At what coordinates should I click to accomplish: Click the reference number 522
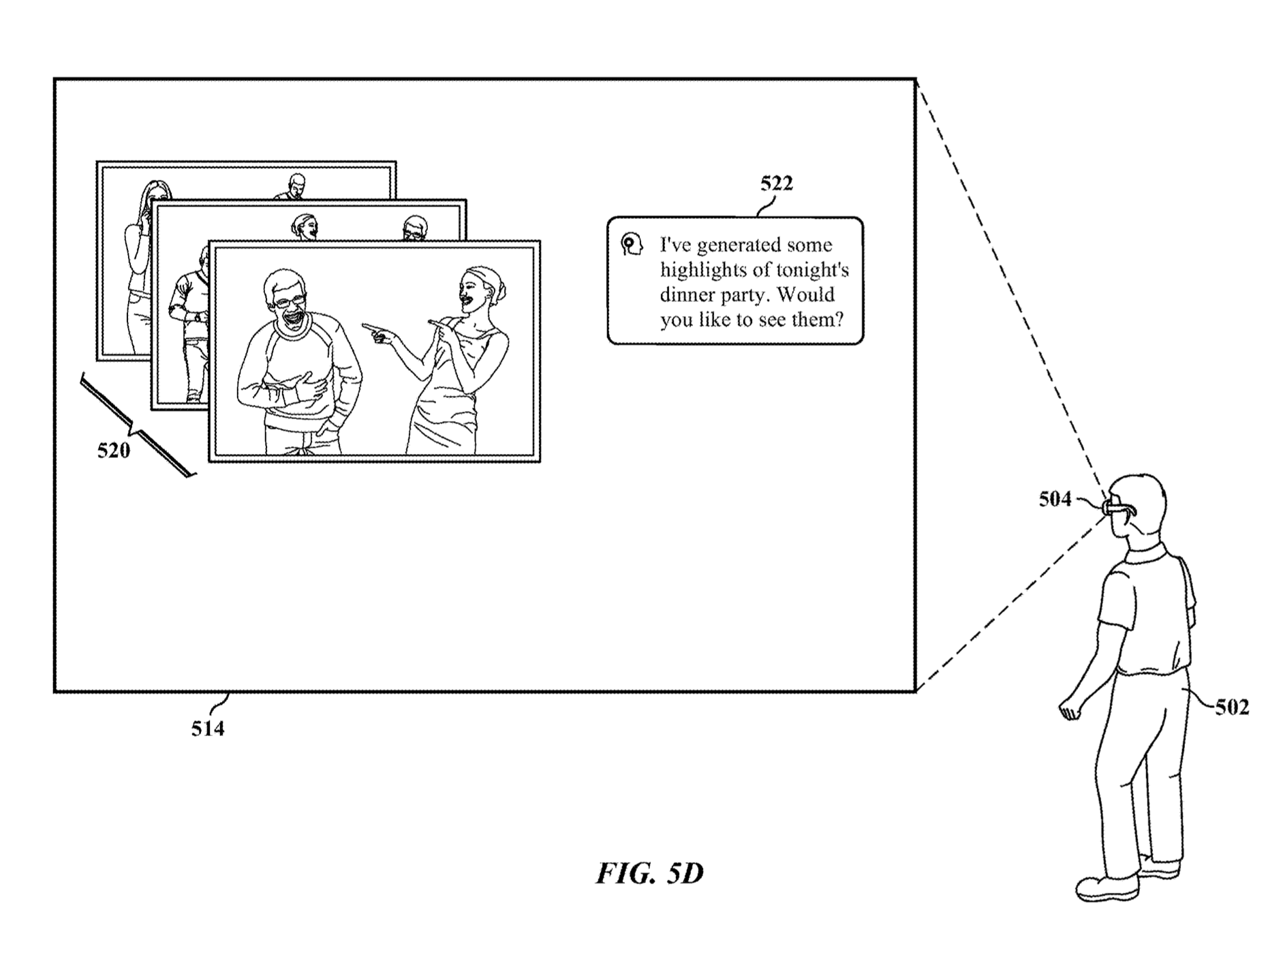[776, 183]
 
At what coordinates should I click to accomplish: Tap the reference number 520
[113, 451]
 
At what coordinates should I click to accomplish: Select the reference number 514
[207, 729]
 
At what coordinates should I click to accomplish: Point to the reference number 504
[1055, 500]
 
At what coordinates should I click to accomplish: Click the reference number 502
[1232, 707]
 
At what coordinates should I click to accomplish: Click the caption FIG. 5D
[649, 873]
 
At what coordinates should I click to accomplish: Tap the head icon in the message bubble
[632, 244]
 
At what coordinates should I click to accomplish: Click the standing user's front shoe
[1107, 887]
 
